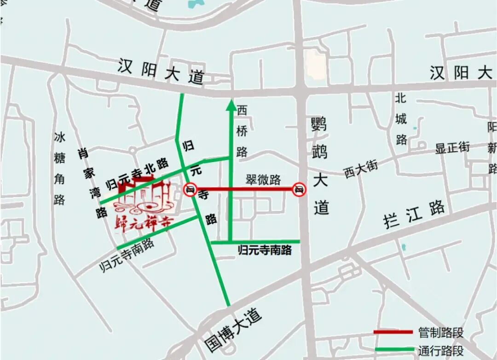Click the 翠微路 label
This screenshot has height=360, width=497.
(x=263, y=180)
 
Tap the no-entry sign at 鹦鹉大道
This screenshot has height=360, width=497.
(x=299, y=189)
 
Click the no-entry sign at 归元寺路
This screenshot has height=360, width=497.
(x=191, y=189)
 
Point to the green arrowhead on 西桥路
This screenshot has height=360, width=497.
(x=231, y=106)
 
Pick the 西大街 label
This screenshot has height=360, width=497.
(x=360, y=168)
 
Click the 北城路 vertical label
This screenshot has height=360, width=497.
(x=401, y=119)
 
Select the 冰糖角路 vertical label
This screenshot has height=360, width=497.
(x=59, y=168)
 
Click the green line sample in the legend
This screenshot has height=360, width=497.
(x=393, y=349)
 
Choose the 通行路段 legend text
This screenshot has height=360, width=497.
(x=440, y=350)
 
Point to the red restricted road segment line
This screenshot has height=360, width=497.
(x=244, y=189)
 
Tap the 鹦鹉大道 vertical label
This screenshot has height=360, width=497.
(x=320, y=166)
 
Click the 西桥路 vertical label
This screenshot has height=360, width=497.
(x=242, y=131)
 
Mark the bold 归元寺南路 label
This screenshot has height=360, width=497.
(x=265, y=250)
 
